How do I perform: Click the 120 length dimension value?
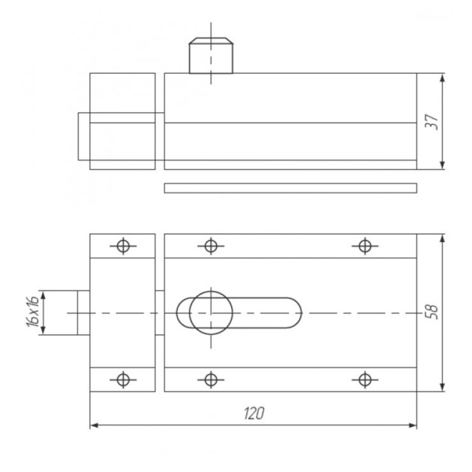[x=254, y=413]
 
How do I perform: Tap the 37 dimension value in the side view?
[x=431, y=122]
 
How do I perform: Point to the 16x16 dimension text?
[x=32, y=311]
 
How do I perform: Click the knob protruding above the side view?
[x=211, y=55]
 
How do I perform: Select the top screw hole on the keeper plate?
[x=123, y=246]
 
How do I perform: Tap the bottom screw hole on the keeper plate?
[x=123, y=380]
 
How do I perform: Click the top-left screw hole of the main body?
[x=211, y=246]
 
